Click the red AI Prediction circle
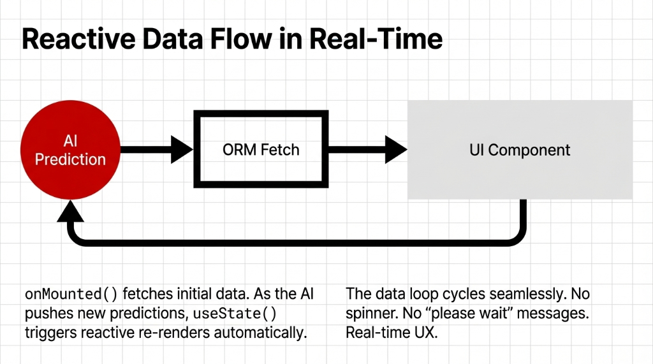[70, 151]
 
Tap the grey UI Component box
[520, 150]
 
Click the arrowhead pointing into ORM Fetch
[184, 150]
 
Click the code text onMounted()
[71, 295]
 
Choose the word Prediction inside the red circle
[70, 159]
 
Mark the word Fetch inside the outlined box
[280, 150]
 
